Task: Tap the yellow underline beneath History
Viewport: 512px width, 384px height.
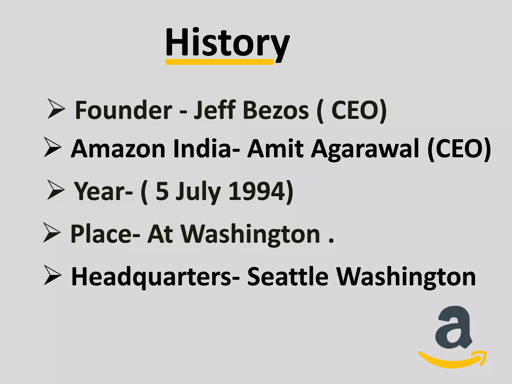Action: coord(219,62)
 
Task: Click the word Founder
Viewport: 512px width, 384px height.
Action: coord(123,110)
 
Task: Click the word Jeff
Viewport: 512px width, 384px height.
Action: coord(215,110)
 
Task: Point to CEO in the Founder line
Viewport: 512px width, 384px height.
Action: coord(356,110)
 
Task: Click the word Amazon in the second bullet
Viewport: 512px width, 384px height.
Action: coord(118,149)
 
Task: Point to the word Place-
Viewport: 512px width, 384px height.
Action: coord(105,234)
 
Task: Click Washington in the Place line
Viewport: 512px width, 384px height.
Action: coord(250,234)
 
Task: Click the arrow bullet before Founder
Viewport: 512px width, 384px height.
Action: coord(56,109)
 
